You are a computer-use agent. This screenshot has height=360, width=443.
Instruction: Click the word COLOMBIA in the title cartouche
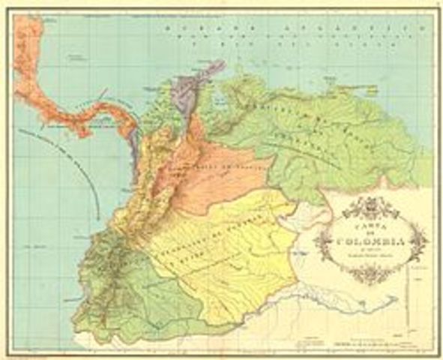[x=371, y=241]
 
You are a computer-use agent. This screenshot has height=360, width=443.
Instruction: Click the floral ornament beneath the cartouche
[x=371, y=274]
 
